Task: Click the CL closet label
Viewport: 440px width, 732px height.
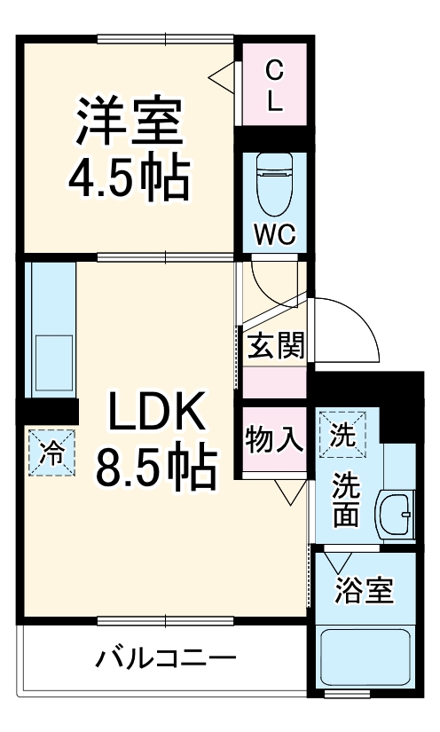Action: click(x=275, y=84)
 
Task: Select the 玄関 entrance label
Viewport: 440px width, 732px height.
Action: click(x=276, y=345)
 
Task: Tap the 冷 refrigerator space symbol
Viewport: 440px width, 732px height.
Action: click(x=51, y=453)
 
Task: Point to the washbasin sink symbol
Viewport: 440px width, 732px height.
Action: click(x=395, y=512)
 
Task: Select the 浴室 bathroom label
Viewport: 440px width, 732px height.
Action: click(x=363, y=590)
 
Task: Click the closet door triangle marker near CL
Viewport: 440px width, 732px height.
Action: click(x=223, y=78)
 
